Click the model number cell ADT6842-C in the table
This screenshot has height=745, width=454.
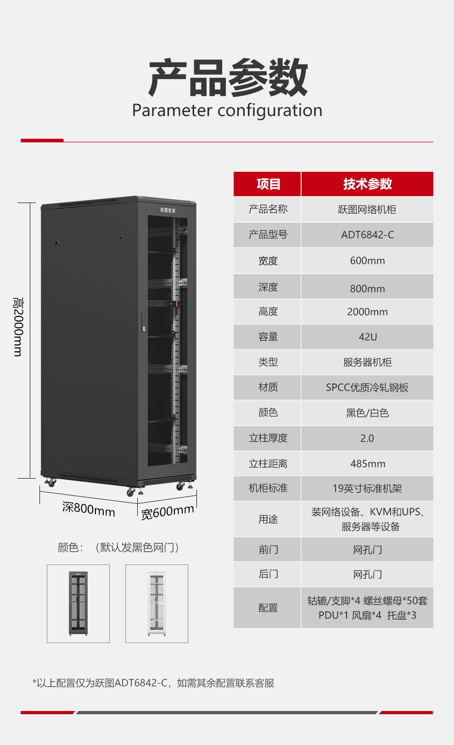[x=367, y=235]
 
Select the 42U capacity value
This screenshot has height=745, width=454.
[x=368, y=337]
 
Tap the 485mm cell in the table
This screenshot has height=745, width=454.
[x=368, y=463]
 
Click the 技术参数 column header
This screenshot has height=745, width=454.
[x=367, y=184]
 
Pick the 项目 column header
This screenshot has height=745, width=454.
[x=268, y=184]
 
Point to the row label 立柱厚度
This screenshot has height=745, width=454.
[x=268, y=438]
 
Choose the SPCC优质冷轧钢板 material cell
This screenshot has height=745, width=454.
[x=367, y=388]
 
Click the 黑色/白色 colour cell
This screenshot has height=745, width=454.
[x=367, y=413]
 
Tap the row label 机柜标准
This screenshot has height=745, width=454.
[x=268, y=488]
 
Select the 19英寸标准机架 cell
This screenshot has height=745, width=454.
[x=367, y=488]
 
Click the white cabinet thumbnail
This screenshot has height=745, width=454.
[x=157, y=604]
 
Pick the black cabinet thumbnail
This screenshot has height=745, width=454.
[x=78, y=604]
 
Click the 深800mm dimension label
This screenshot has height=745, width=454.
[x=89, y=509]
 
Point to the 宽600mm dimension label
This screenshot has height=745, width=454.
[x=168, y=512]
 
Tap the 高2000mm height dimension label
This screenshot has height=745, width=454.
[x=17, y=327]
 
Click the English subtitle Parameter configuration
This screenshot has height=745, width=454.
[x=227, y=110]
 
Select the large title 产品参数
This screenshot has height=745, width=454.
[x=228, y=77]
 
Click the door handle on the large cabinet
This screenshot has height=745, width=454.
[x=144, y=322]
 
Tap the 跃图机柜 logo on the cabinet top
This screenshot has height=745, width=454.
[x=168, y=210]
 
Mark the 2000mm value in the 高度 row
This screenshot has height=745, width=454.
[x=367, y=311]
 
